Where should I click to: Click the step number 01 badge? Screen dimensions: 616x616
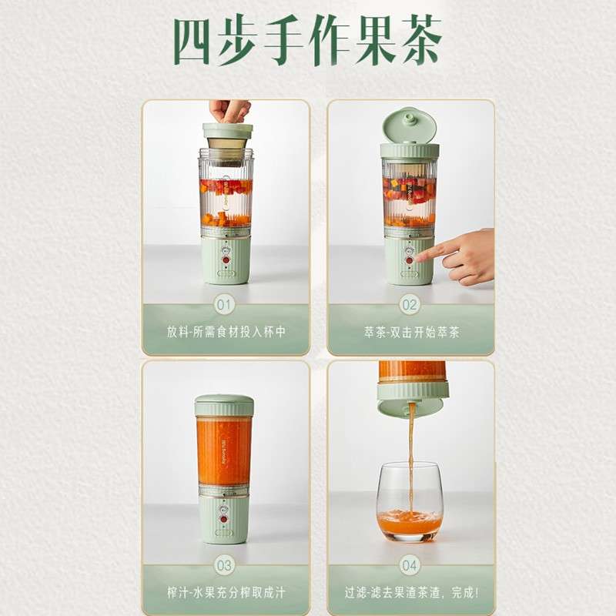click(x=224, y=305)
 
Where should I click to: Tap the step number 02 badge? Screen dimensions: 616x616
click(x=410, y=305)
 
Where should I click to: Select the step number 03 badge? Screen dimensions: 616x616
click(x=224, y=565)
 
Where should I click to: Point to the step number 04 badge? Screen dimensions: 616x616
click(x=410, y=565)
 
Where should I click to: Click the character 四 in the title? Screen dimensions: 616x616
click(x=191, y=42)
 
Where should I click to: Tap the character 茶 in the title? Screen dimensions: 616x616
click(x=422, y=40)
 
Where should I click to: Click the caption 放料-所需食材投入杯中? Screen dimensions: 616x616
click(x=226, y=332)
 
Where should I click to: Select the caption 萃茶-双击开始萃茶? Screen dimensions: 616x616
click(x=411, y=333)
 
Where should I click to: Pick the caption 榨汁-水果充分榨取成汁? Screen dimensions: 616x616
click(x=226, y=592)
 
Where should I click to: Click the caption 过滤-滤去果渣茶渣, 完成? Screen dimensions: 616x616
click(x=412, y=592)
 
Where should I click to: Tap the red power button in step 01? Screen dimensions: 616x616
click(x=226, y=260)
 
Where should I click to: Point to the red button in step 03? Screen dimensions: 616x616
click(x=223, y=519)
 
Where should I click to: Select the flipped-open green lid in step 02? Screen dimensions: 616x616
click(x=410, y=126)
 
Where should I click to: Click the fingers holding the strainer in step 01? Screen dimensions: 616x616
click(x=229, y=111)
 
